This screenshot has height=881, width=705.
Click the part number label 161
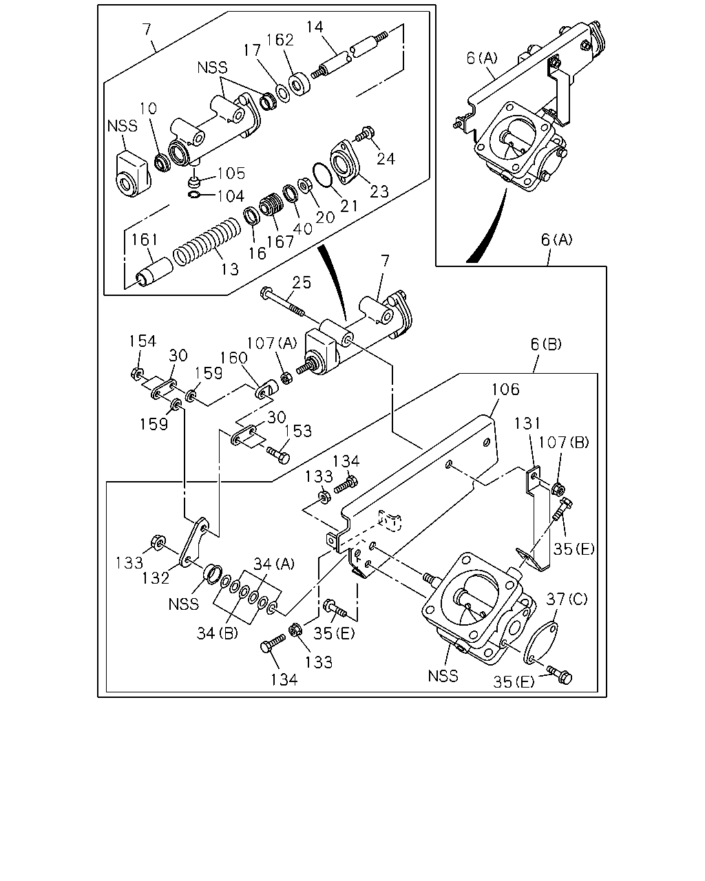(145, 240)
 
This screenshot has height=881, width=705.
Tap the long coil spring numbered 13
(207, 241)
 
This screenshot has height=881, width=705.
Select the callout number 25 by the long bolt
(302, 283)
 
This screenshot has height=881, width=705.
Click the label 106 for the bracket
(505, 390)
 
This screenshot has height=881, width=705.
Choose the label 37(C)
(567, 599)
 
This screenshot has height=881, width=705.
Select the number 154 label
(143, 341)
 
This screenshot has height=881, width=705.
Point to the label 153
(298, 431)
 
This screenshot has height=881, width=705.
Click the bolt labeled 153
(279, 455)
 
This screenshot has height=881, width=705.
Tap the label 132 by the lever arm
(156, 578)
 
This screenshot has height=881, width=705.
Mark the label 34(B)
(217, 633)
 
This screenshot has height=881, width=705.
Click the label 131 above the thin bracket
(527, 423)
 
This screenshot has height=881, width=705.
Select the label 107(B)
(563, 442)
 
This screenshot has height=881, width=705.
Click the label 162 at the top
(280, 40)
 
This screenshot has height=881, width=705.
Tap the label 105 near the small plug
(231, 173)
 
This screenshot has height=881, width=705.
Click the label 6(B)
(546, 344)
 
